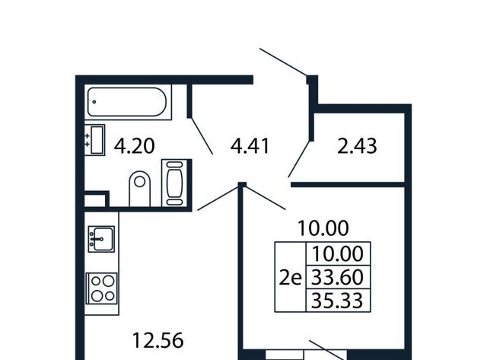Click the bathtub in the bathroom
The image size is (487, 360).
(128, 102)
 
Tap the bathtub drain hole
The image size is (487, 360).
(94, 101)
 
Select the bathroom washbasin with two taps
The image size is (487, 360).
(94, 139)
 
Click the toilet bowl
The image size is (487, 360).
(139, 189)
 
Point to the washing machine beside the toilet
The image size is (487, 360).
(174, 183)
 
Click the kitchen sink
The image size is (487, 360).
(101, 239)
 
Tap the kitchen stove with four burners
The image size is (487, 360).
(101, 288)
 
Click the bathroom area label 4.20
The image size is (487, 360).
(134, 146)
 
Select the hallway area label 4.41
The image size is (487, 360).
(250, 146)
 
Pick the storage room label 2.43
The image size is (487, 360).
(357, 146)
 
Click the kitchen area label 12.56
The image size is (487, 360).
(158, 340)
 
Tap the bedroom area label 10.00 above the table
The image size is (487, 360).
(323, 228)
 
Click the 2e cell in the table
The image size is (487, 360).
(291, 277)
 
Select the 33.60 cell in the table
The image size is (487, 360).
(338, 277)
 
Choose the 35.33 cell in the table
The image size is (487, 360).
(338, 301)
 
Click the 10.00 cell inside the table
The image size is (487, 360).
(338, 253)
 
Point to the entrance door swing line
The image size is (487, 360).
(283, 62)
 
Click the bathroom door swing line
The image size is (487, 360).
(201, 135)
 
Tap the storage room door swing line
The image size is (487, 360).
(299, 159)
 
